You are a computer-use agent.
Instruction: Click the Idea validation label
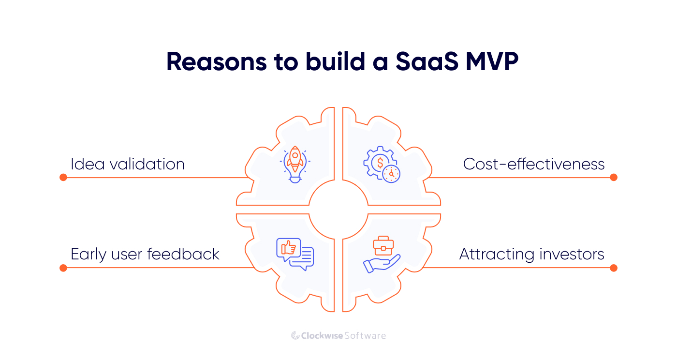click(128, 164)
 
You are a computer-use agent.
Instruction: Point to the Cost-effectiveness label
click(534, 164)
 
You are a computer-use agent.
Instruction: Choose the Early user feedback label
click(145, 254)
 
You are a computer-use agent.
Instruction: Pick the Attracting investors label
click(532, 254)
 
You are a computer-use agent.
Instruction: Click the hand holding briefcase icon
click(382, 255)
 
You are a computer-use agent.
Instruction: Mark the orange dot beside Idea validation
click(63, 178)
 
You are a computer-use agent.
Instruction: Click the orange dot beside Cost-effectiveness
click(614, 178)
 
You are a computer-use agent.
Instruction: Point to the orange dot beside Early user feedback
click(63, 268)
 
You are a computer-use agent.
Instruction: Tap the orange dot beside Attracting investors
click(614, 268)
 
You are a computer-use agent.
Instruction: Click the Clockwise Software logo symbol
click(295, 335)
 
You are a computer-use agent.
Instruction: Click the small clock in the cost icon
click(391, 173)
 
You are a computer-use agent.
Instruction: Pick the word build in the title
click(329, 62)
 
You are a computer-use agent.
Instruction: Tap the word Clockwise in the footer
click(322, 335)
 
